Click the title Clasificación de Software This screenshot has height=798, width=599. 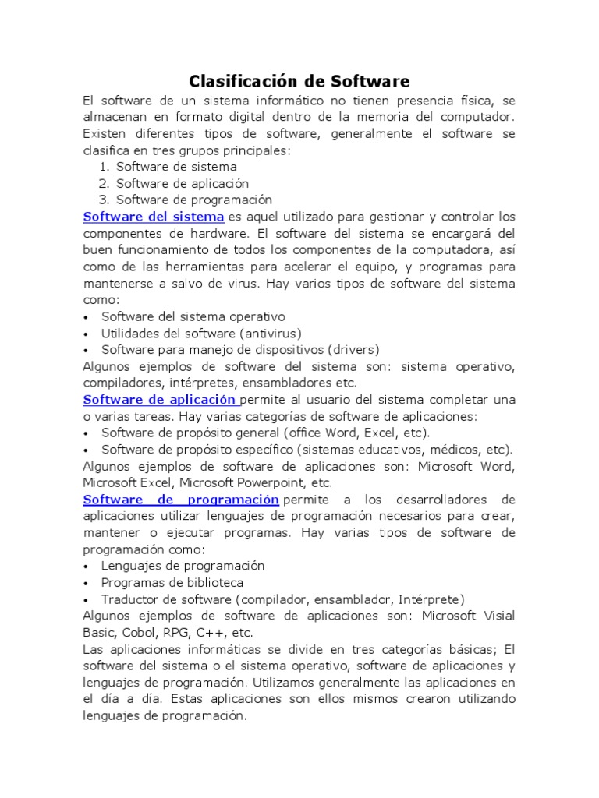299,81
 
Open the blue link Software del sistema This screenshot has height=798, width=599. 154,216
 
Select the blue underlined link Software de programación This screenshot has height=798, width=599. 181,499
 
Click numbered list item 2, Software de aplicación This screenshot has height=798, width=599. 183,183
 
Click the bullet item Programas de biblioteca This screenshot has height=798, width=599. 172,583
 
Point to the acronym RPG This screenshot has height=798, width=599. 175,633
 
